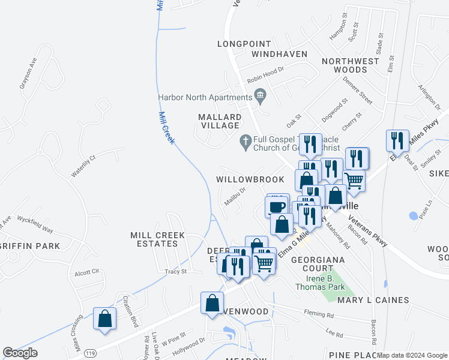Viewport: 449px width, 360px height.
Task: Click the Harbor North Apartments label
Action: [205, 97]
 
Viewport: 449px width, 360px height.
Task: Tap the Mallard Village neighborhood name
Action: [220, 121]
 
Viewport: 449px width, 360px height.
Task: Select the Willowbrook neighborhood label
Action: [250, 179]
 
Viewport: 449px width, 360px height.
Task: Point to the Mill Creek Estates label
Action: [157, 239]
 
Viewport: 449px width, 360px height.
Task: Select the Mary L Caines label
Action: [373, 300]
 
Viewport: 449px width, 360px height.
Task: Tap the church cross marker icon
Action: [245, 142]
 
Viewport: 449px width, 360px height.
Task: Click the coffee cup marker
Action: [277, 206]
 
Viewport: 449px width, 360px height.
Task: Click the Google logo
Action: [20, 353]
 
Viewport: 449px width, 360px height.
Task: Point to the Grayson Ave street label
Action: [28, 73]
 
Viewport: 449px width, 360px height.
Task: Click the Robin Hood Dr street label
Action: [265, 79]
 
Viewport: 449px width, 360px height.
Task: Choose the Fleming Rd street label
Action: [319, 314]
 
